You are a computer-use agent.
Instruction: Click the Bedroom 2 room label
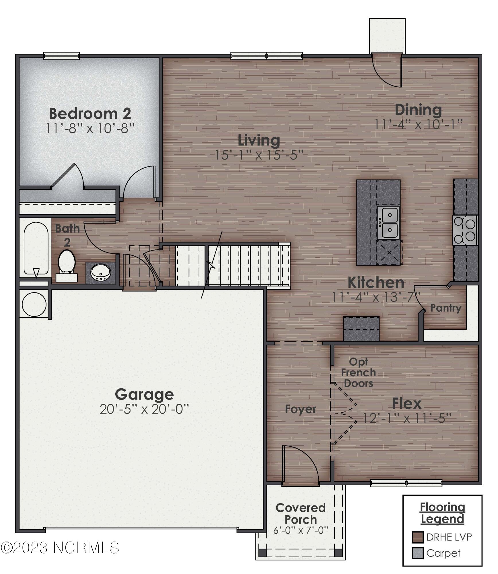pos(90,114)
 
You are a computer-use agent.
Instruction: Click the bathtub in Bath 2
pos(36,248)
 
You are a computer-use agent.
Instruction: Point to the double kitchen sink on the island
pos(388,223)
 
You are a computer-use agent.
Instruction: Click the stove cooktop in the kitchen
pos(465,230)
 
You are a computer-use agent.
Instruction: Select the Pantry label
pos(446,308)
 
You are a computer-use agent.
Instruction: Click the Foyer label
pos(300,409)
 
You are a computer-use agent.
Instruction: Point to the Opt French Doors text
pos(358,373)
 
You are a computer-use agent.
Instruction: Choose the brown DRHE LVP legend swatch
pos(418,537)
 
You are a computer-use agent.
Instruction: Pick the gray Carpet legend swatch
pos(418,553)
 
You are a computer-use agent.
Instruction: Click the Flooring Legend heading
pos(442,513)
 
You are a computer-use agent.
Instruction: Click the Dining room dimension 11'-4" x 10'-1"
pos(419,125)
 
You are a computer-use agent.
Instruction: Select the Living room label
pos(259,140)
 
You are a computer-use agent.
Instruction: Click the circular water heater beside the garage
pos(34,304)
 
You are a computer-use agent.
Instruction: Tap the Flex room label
pos(407,404)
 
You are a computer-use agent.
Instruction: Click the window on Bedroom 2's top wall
pos(61,56)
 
